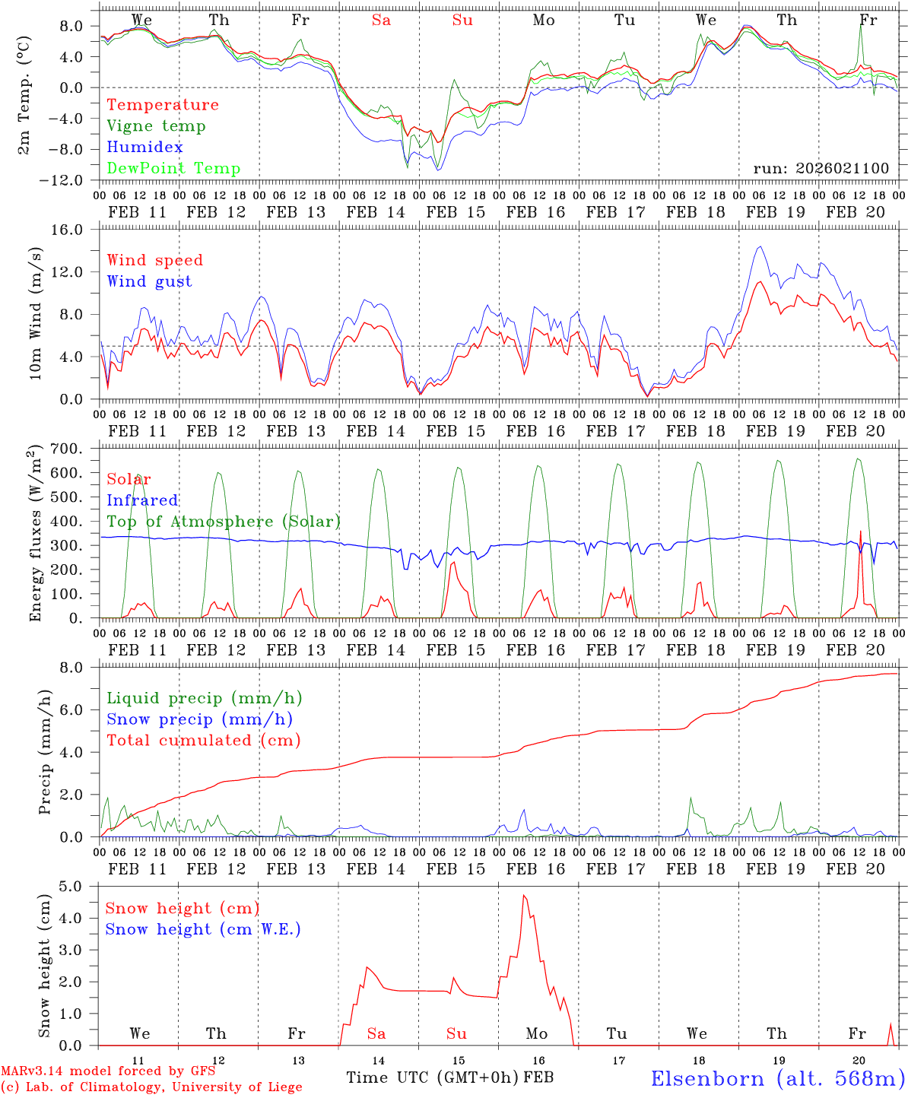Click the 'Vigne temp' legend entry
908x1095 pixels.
[156, 126]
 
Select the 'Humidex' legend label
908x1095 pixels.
[144, 148]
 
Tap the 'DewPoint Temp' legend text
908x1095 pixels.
[173, 169]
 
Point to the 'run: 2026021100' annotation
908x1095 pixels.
[821, 169]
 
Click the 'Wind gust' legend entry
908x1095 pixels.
[149, 281]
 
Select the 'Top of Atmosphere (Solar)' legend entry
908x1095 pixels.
[224, 522]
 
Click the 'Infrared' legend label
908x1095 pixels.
[142, 500]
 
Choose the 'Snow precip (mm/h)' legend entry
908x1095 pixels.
[199, 719]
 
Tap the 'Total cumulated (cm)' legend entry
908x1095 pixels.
[203, 741]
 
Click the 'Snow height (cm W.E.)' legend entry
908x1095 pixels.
[203, 929]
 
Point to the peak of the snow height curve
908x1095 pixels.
[524, 896]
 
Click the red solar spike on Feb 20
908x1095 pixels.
[860, 532]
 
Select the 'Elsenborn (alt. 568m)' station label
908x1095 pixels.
[777, 1078]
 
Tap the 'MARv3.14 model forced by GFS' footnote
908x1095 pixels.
[108, 1071]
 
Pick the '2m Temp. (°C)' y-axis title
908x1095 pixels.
[24, 94]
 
